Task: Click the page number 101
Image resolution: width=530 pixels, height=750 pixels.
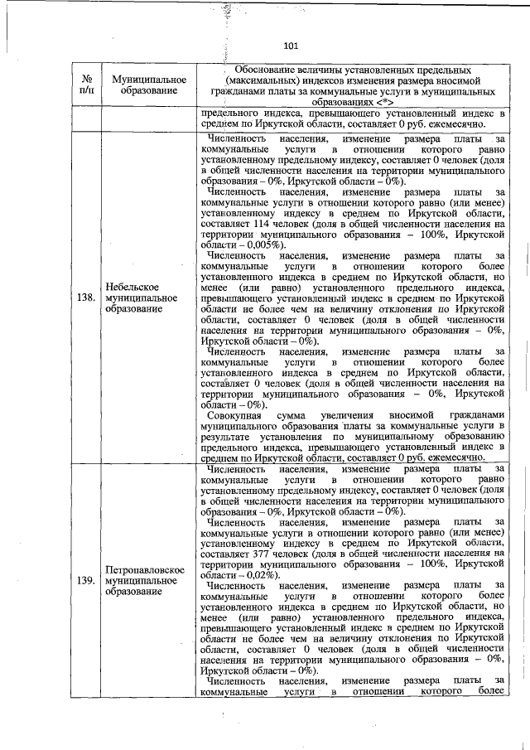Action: pyautogui.click(x=290, y=46)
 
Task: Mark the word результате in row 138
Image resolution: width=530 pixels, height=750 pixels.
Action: pyautogui.click(x=228, y=434)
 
